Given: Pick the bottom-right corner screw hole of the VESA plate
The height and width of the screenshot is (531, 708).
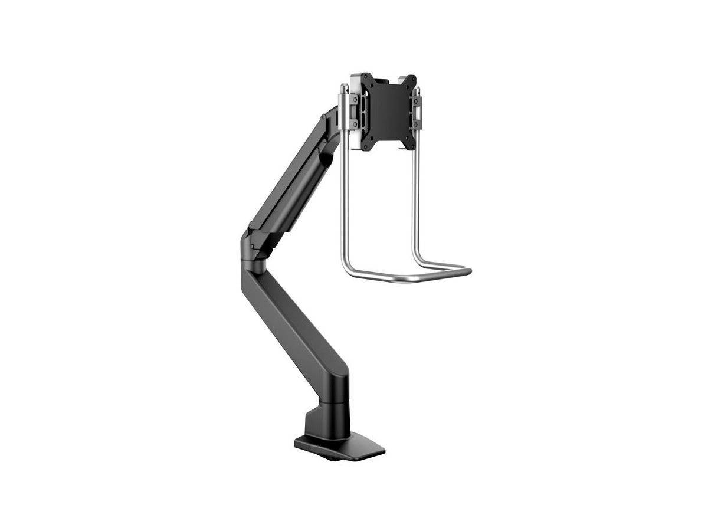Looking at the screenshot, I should pos(412,146).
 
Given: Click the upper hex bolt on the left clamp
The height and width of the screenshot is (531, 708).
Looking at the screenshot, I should pos(355,100).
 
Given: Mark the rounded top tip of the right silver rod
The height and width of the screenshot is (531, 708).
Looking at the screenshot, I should pos(417,88).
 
